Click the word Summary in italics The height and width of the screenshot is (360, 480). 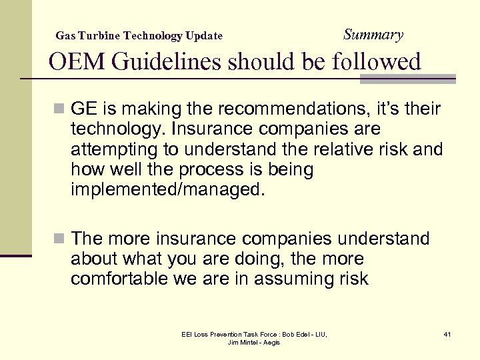point(373,35)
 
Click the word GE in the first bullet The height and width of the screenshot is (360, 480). point(84,109)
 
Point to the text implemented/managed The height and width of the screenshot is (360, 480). point(167,191)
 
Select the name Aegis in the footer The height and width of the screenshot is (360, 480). point(271,342)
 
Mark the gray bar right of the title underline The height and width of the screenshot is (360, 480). point(407,79)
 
